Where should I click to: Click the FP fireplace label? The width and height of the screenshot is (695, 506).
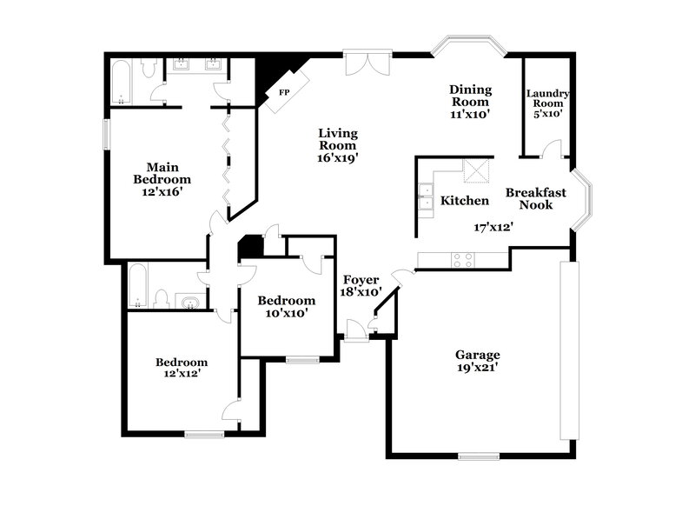click(283, 90)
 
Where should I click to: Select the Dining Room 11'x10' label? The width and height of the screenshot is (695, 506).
click(471, 102)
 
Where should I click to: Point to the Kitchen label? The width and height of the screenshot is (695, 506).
click(465, 201)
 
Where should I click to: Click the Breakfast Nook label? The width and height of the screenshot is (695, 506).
click(536, 199)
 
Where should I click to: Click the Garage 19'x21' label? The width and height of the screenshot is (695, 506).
click(478, 361)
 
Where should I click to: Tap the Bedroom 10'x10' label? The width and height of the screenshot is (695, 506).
click(286, 306)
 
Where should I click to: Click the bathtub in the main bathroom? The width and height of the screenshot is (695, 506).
click(122, 82)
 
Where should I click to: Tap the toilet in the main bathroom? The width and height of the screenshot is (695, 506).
click(149, 68)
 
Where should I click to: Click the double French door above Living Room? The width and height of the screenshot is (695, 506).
click(367, 63)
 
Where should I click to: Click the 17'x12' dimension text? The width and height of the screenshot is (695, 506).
click(486, 227)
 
